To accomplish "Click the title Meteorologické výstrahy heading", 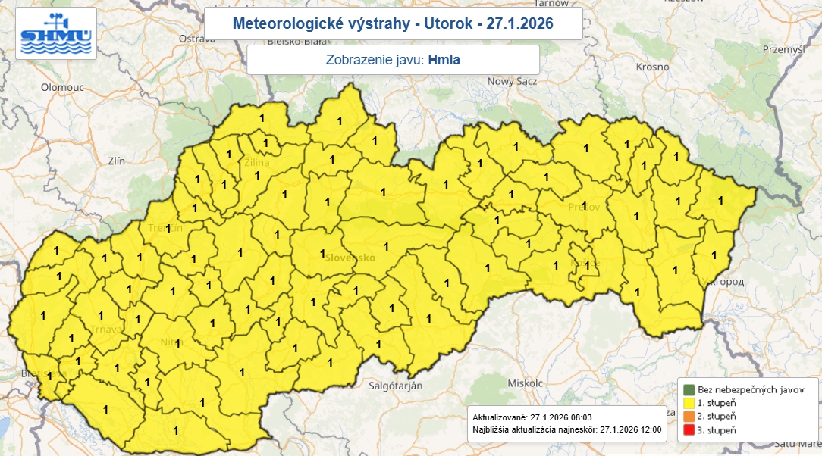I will point(393,24).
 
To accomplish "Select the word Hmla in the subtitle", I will point(444,60).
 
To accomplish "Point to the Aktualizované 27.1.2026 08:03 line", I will point(532,417).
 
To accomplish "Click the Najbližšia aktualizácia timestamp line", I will point(566,429).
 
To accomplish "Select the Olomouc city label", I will point(62,87).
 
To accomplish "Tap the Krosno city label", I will point(653,67).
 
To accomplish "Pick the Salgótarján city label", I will point(395,386).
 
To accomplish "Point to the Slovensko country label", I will point(350,258).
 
